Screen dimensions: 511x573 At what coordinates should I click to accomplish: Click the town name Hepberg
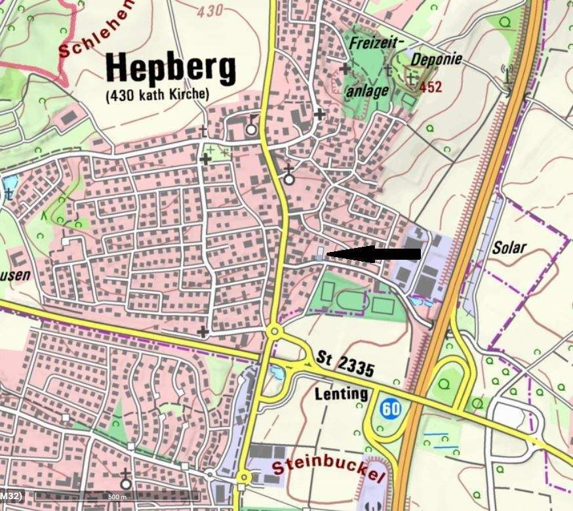point(170,68)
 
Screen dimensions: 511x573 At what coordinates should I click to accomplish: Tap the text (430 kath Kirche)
point(157,95)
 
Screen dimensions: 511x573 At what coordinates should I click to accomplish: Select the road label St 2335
point(345,364)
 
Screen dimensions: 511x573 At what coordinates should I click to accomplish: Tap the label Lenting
point(341,394)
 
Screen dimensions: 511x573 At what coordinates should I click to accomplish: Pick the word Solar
point(509,249)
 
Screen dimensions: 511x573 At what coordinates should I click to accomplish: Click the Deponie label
point(436,58)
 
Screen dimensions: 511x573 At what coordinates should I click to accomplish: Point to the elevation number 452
point(431,87)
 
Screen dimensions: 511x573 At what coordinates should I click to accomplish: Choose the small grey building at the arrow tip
point(319,254)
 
